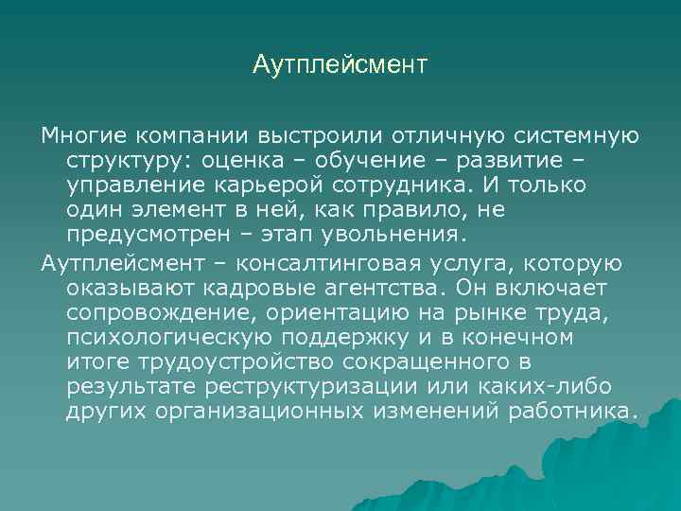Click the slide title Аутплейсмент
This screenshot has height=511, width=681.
tap(340, 65)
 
